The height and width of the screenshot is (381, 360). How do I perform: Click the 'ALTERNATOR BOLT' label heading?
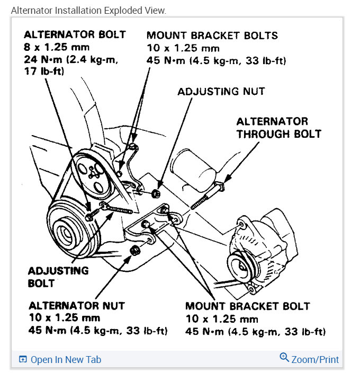point(75,35)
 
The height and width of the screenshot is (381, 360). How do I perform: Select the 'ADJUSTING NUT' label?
point(221,91)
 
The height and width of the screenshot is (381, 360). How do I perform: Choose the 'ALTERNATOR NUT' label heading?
point(77,306)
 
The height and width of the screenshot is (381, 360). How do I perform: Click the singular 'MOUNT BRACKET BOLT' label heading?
point(247,306)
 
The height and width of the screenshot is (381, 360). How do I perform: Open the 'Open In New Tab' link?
point(66,360)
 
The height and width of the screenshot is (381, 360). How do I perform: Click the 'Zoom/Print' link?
point(315,359)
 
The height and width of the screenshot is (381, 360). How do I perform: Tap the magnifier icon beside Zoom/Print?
point(284,358)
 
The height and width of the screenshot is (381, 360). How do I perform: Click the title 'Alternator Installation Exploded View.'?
point(88,11)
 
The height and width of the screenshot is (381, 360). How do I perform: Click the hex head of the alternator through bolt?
point(221,187)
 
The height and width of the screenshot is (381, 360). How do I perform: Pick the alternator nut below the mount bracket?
point(135,250)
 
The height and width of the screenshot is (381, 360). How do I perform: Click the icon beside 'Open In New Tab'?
point(23,360)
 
